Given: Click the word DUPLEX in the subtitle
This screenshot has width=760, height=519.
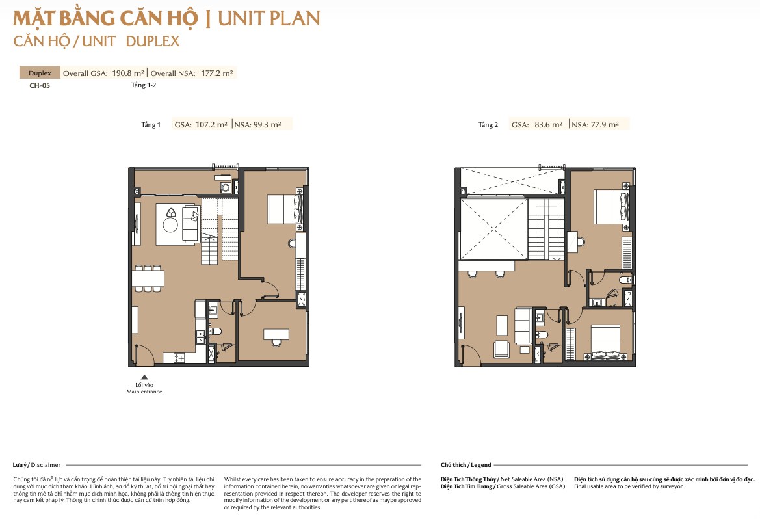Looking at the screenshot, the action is pos(153,41).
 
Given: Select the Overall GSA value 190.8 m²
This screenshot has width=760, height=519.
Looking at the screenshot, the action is pos(128,73).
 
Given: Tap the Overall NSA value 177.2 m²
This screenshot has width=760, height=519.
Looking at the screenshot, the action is pos(217,73).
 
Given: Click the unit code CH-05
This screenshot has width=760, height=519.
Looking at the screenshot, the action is pos(40,85).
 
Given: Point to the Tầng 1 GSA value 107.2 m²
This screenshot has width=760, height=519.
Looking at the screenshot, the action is pos(211,125).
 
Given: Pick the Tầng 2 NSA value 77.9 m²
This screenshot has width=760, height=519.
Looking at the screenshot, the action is pos(605,125).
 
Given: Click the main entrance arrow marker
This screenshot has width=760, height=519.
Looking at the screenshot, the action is pos(144,377).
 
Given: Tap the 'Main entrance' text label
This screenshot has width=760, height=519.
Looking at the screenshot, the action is pos(144,392).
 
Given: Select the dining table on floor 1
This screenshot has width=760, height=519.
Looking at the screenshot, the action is pos(148,278).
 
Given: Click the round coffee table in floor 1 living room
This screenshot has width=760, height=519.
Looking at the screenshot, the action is pos(170,224).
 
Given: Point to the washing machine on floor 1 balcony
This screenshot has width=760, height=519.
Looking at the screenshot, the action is pos(226,188).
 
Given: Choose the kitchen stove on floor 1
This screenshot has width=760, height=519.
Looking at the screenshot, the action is pos(179,358).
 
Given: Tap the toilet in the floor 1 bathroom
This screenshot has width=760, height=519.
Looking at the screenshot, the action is pos(215,332).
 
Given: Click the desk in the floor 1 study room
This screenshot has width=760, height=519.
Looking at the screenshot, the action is pos(276,334).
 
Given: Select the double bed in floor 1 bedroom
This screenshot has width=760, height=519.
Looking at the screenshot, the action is pos(285,209).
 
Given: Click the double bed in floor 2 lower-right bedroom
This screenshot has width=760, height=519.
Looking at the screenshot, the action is pos(606,343).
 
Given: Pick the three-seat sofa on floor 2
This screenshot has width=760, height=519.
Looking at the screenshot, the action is pos(523,325).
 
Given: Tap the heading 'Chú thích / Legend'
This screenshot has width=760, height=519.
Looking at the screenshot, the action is pos(465,465).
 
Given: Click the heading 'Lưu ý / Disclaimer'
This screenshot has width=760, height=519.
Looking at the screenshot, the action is pos(37,465).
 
